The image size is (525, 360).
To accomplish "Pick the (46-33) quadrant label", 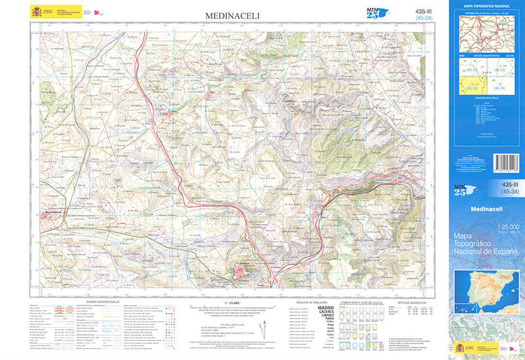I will tap(499, 70).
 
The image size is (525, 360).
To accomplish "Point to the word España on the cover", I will tap(502, 251).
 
